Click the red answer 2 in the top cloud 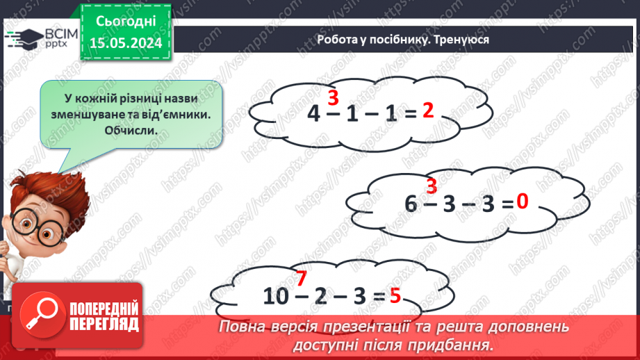[428, 111]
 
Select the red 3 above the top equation [333, 97]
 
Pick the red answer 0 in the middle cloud [523, 202]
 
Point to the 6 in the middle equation [412, 203]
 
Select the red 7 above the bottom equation [301, 279]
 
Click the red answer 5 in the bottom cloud [395, 295]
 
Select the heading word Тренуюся [460, 40]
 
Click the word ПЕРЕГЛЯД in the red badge [104, 324]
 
